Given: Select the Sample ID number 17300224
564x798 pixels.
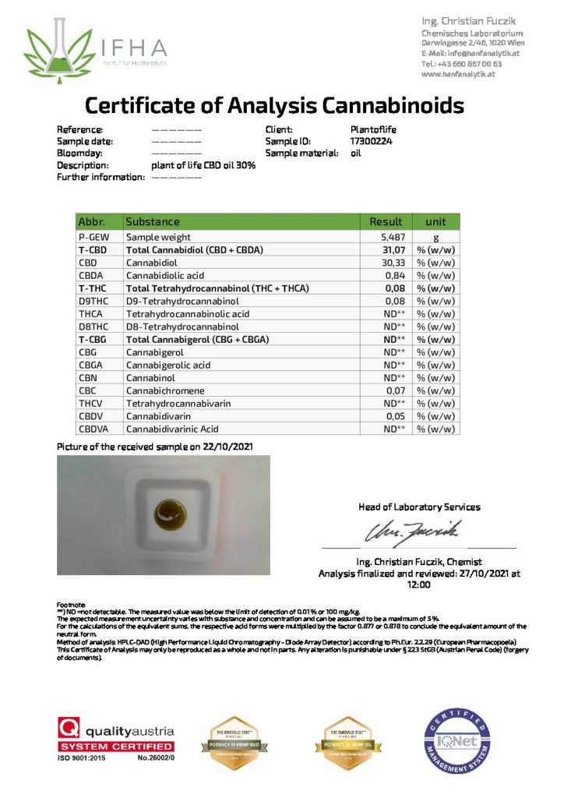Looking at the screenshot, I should (372, 141).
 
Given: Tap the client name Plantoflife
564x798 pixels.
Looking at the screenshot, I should (375, 129).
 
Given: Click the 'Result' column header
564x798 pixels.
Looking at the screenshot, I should (386, 222).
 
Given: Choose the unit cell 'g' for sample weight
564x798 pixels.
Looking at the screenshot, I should (435, 237).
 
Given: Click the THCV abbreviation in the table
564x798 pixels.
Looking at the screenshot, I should (90, 403).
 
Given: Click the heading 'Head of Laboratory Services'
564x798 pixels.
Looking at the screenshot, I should (419, 507).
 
